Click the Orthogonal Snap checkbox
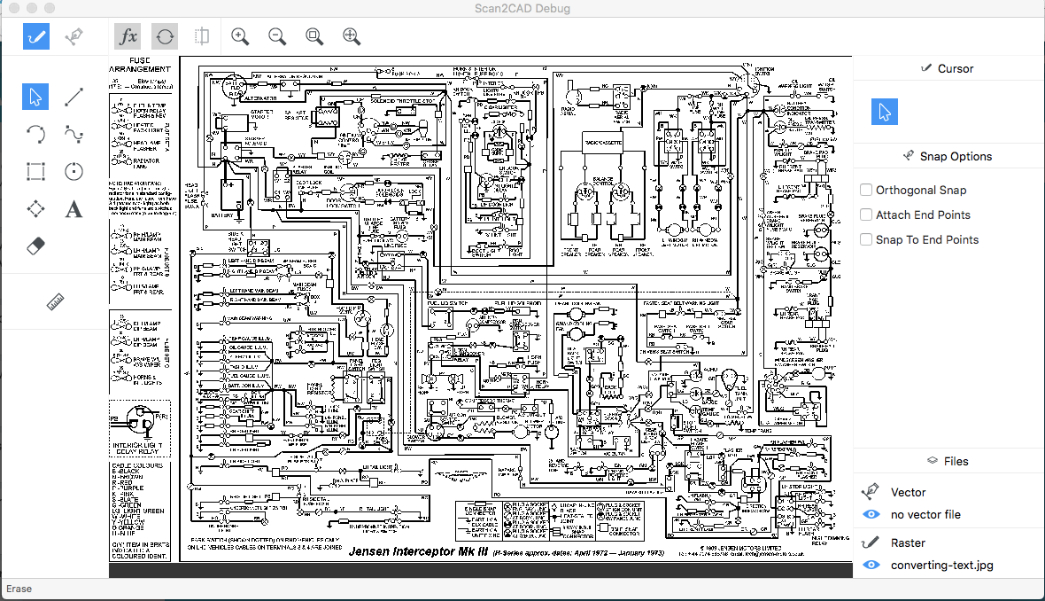tap(866, 190)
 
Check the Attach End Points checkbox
tap(866, 215)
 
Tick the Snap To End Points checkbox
tap(866, 239)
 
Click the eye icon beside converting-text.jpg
tap(871, 565)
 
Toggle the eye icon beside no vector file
tap(871, 514)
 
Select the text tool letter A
tap(74, 209)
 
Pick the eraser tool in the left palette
tap(36, 246)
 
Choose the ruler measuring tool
tap(56, 302)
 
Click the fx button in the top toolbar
tap(128, 36)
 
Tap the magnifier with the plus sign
tap(240, 36)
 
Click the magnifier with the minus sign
tap(277, 36)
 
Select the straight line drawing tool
tap(74, 97)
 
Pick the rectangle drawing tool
tap(36, 171)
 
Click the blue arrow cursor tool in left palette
tap(36, 97)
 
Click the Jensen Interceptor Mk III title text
tap(426, 551)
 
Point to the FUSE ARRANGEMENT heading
tap(139, 65)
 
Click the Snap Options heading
tap(956, 156)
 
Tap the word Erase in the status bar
tap(19, 589)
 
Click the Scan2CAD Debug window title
tap(522, 9)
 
